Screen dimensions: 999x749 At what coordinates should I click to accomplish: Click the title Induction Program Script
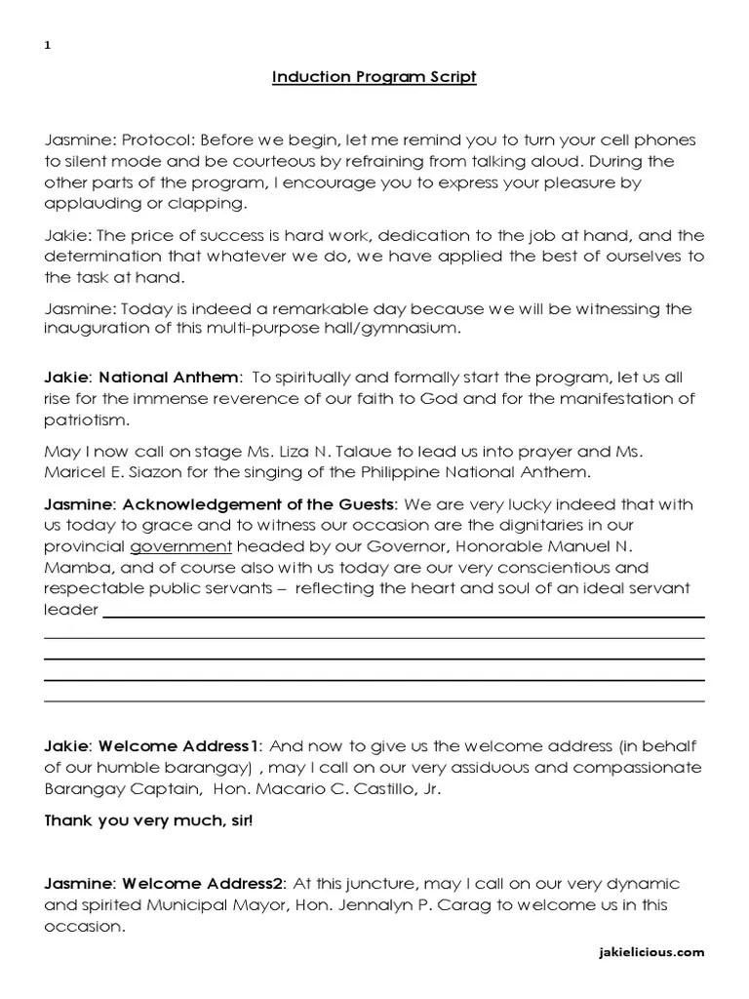coord(374,77)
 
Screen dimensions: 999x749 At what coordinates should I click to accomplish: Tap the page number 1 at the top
coord(48,46)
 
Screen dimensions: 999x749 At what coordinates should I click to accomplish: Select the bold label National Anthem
coord(170,377)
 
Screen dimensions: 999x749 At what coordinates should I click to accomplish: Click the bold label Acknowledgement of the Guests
coord(257,504)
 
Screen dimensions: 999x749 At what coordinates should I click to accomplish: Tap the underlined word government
coord(181,547)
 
